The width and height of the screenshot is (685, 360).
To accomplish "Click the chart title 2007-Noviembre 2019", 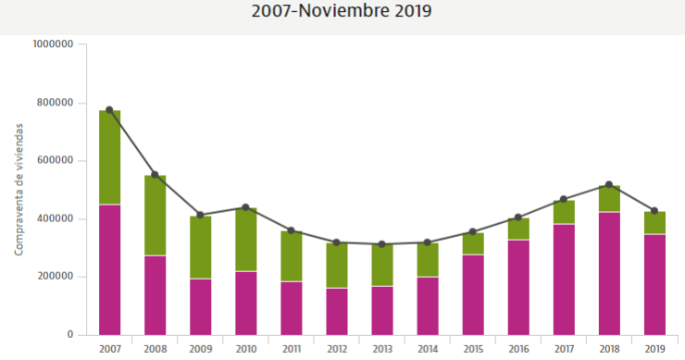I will (342, 12).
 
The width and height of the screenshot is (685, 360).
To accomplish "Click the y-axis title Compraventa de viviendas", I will (19, 190).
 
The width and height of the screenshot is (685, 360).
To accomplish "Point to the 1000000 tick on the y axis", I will (52, 43).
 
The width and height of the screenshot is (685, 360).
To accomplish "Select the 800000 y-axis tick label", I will (55, 102).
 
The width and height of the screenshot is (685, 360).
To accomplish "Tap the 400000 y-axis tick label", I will (55, 218).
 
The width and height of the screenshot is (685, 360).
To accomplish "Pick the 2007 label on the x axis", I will (110, 349).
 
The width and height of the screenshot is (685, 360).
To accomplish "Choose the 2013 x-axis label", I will (382, 349).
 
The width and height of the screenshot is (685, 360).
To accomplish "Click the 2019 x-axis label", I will (654, 349).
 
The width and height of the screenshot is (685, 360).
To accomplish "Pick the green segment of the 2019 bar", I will (654, 223).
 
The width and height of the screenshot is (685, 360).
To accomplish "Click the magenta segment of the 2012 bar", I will (337, 311).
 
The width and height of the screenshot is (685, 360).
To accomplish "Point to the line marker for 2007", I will (110, 110).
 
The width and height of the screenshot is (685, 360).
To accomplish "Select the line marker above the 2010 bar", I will (246, 207).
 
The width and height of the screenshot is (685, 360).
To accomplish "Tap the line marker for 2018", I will (609, 185).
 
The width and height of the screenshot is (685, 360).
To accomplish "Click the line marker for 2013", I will (382, 244).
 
